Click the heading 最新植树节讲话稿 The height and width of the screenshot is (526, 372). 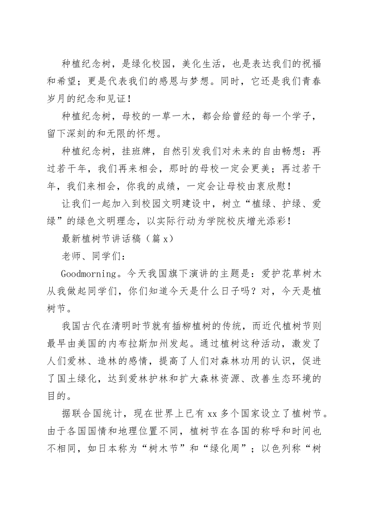101,238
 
